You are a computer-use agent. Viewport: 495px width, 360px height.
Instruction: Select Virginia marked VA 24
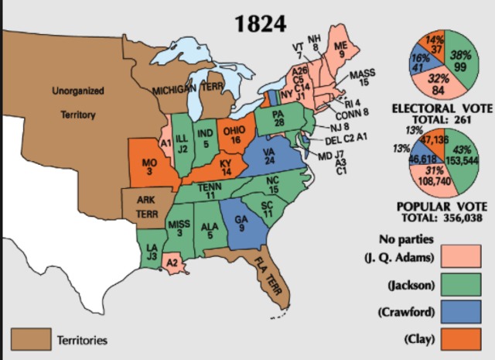tap(267, 156)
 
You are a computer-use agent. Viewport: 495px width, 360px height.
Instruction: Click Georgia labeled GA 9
tap(241, 223)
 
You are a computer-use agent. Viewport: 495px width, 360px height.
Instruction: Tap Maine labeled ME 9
tap(341, 50)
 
